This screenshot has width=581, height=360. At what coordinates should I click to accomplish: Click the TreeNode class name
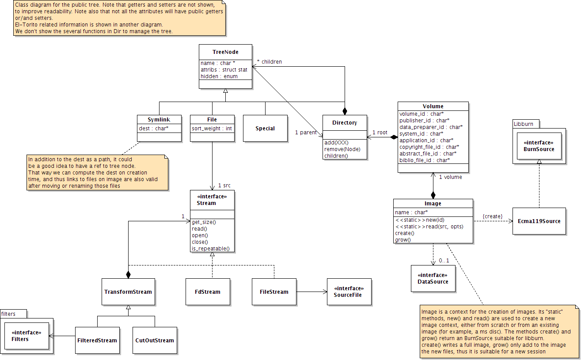click(x=225, y=52)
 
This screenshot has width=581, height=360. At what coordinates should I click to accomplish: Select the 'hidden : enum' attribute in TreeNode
click(x=219, y=76)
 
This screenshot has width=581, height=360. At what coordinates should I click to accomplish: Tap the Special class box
click(x=265, y=129)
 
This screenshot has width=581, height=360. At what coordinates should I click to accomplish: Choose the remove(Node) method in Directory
click(x=342, y=149)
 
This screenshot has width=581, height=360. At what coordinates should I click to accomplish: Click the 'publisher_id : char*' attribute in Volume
click(x=425, y=120)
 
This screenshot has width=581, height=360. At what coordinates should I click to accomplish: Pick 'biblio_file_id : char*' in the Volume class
click(x=425, y=160)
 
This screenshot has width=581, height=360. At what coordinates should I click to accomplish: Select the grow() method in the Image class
click(x=403, y=240)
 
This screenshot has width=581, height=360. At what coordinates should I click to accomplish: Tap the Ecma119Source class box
click(x=539, y=221)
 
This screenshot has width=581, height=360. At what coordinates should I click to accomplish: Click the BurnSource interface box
click(x=539, y=146)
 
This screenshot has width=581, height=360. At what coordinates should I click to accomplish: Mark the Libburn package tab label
click(x=524, y=124)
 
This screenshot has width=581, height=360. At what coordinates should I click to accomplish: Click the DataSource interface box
click(x=433, y=278)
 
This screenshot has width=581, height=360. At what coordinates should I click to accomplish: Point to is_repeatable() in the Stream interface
click(x=211, y=249)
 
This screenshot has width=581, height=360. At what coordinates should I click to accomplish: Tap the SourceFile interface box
click(x=349, y=292)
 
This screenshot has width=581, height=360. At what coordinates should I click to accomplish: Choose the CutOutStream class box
click(x=155, y=340)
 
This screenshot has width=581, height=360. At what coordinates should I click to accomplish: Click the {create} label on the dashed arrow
click(x=492, y=216)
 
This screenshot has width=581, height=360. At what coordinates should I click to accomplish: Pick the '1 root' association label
click(x=380, y=132)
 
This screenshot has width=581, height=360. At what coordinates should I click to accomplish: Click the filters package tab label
click(x=8, y=314)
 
